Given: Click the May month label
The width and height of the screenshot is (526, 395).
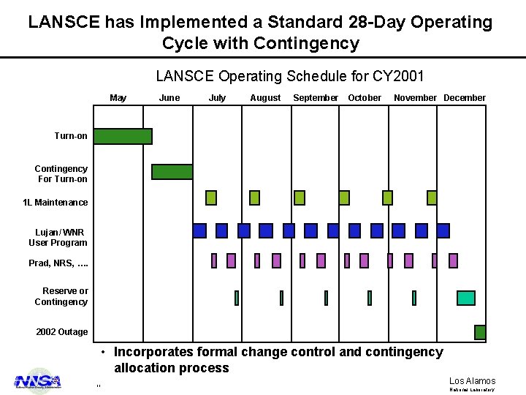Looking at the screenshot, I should click(x=118, y=98).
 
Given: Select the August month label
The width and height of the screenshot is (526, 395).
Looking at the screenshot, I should click(x=265, y=98).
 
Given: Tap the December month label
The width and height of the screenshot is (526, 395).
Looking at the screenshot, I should click(x=464, y=98).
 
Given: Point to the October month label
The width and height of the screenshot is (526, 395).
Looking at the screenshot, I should click(x=365, y=98).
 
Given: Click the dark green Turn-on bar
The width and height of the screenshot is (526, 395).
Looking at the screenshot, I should click(x=123, y=136).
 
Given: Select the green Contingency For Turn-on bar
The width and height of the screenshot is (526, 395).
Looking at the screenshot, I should click(x=172, y=172).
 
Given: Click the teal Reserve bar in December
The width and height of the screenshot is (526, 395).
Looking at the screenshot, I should click(x=465, y=298).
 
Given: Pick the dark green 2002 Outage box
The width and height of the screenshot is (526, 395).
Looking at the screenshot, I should click(x=480, y=332).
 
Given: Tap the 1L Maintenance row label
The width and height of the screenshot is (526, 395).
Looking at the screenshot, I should click(x=56, y=203).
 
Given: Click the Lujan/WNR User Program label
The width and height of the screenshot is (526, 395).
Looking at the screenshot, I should click(x=58, y=238).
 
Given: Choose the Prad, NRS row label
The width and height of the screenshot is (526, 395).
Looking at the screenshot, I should click(x=58, y=263).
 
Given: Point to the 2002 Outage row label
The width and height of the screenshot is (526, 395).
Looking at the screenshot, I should click(x=62, y=332).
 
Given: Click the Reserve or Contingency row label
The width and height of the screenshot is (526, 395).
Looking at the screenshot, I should click(x=61, y=296).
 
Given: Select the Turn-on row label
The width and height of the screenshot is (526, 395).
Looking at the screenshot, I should click(x=71, y=136).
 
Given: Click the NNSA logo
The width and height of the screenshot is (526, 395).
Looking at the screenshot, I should click(x=38, y=381).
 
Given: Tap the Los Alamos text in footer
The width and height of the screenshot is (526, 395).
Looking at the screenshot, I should click(x=472, y=381).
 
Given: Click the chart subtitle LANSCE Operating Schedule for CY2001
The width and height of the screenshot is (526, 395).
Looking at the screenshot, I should click(x=290, y=76).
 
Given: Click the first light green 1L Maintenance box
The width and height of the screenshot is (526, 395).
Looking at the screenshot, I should click(x=211, y=197).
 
